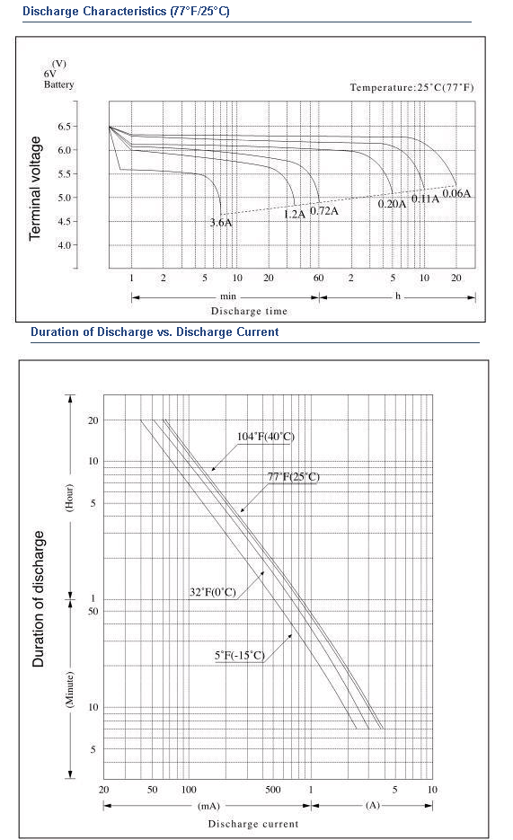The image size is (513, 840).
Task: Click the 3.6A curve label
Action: click(x=221, y=222)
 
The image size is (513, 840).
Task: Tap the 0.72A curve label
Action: click(x=324, y=210)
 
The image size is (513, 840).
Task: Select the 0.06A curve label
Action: click(x=456, y=193)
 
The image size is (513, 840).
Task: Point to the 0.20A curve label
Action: click(x=392, y=204)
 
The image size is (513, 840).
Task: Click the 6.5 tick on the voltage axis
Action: click(x=65, y=127)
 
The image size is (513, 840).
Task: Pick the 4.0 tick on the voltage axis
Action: click(x=65, y=245)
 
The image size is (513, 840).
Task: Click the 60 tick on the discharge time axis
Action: click(x=319, y=278)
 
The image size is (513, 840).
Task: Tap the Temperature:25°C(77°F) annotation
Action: click(x=411, y=87)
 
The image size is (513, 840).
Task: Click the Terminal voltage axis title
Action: click(x=35, y=188)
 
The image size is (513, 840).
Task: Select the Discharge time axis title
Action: click(x=249, y=311)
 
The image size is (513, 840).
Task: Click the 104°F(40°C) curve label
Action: click(x=266, y=437)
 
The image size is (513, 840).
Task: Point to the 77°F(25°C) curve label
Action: click(x=294, y=477)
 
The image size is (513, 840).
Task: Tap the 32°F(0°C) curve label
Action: click(x=213, y=592)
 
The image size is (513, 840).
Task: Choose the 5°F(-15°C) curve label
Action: click(x=240, y=655)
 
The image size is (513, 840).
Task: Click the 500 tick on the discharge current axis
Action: click(x=273, y=790)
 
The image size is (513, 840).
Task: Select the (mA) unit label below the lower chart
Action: click(x=208, y=806)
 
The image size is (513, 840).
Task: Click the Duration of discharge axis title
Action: click(x=39, y=599)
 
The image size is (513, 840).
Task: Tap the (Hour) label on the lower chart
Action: click(x=69, y=498)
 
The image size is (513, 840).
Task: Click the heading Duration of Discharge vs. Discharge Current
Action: click(x=155, y=332)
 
